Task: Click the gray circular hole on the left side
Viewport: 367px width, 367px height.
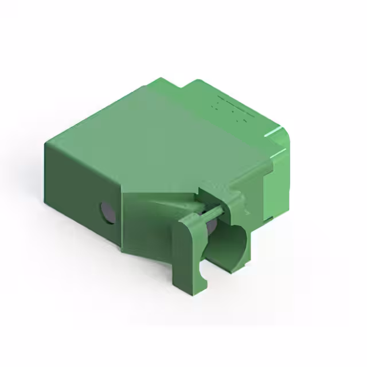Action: (107, 212)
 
